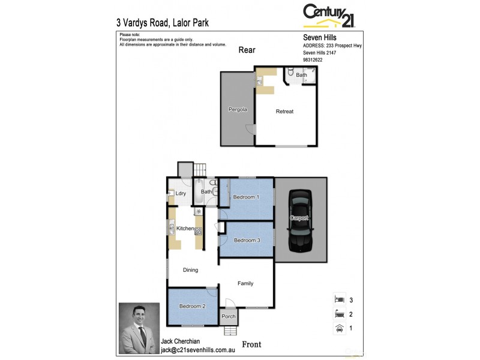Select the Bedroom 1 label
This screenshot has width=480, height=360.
point(245,197)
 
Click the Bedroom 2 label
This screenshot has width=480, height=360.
point(192,306)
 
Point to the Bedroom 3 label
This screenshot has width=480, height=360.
point(247,240)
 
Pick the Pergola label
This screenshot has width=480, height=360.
point(238,110)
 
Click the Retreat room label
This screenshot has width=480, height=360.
point(284,112)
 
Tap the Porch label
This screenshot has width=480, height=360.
point(229,316)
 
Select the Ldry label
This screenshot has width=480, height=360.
point(181,193)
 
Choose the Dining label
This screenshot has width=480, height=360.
point(190,270)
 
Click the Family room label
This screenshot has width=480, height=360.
point(245,283)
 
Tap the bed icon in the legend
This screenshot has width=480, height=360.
point(339,299)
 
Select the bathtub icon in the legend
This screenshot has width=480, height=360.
point(339,313)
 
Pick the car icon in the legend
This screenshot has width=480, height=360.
point(339,328)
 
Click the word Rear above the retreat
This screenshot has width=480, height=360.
point(247,50)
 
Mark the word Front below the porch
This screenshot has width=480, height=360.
point(252,344)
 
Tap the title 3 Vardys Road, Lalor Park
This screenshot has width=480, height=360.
point(162,23)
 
